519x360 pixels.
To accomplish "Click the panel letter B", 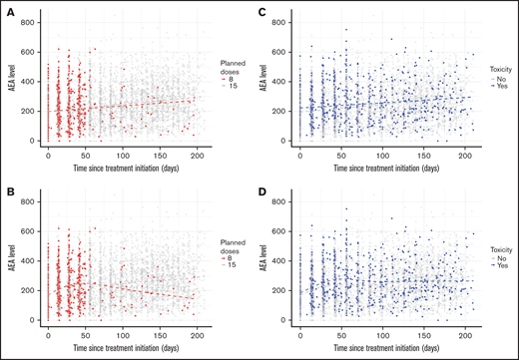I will [x=11, y=186].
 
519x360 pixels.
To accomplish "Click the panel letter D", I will [x=262, y=186].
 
